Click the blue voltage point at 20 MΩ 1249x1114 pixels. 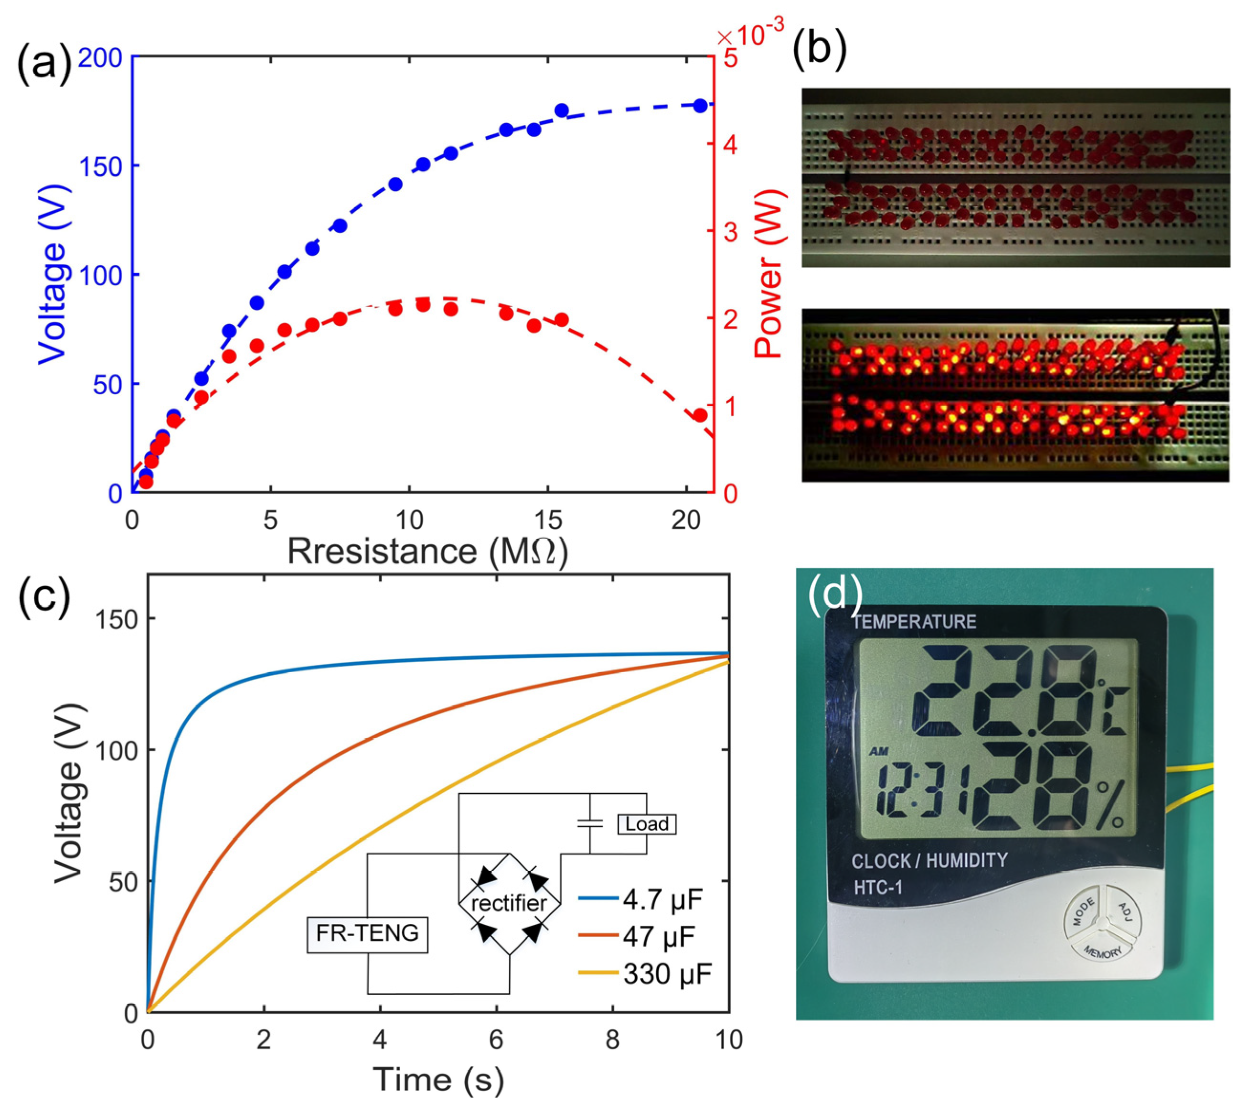point(700,105)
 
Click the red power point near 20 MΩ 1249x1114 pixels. point(700,416)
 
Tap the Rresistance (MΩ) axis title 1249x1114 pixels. point(427,552)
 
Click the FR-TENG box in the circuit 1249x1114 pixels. point(367,933)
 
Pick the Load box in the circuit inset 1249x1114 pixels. point(647,824)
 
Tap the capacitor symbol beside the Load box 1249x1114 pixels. point(590,824)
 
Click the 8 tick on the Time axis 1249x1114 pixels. point(612,1040)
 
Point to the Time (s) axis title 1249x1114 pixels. point(438,1080)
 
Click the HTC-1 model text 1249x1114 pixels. point(878,887)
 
